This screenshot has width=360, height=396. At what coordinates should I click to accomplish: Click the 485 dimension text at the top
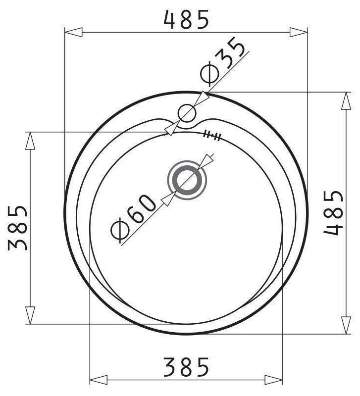(x=187, y=19)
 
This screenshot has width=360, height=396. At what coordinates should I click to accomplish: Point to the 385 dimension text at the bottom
(x=187, y=367)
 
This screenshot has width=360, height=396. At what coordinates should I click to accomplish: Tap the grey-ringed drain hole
(x=187, y=181)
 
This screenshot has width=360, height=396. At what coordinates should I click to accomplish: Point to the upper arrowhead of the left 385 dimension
(x=30, y=141)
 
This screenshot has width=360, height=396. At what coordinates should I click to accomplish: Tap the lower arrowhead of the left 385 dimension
(x=30, y=315)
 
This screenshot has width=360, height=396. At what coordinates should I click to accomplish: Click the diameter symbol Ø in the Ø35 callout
(x=209, y=73)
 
